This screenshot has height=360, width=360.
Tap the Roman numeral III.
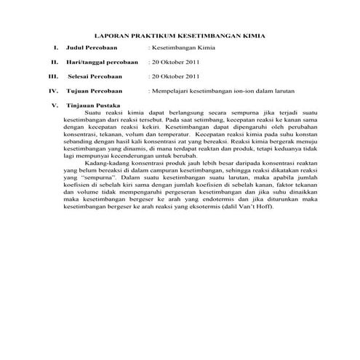pos(52,75)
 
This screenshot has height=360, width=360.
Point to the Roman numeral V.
pos(55,106)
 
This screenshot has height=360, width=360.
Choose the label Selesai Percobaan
pos(95,75)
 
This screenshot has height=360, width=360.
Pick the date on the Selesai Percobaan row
pos(175,75)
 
